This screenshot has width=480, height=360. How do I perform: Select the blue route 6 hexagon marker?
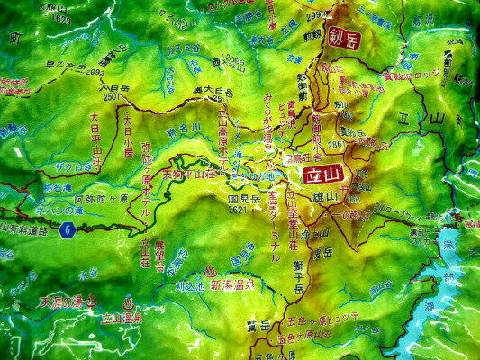(66, 230)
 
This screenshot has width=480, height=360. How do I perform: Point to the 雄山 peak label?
(326, 195)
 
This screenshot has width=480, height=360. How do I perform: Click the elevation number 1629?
(61, 18)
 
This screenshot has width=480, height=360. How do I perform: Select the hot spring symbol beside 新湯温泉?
(210, 270)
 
